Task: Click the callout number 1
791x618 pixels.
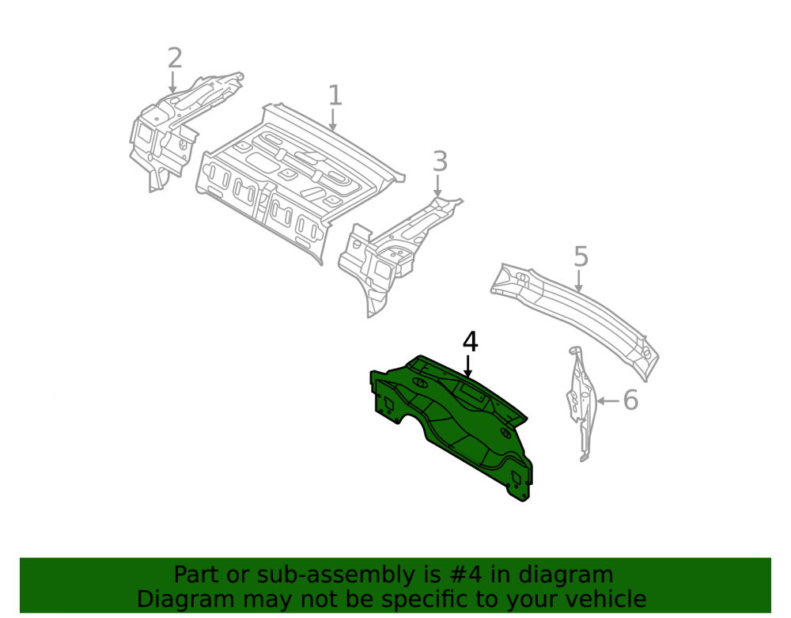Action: [335, 95]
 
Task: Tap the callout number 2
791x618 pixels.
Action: [174, 58]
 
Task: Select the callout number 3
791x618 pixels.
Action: [440, 161]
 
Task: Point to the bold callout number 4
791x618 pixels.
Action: [470, 342]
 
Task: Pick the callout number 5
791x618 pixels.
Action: [581, 257]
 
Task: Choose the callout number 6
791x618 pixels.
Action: [630, 400]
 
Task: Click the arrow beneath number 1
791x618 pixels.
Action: [332, 120]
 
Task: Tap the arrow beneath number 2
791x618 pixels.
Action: [172, 82]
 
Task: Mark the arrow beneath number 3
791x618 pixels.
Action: [438, 186]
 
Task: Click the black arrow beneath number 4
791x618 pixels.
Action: [468, 366]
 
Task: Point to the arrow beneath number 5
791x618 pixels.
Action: [579, 281]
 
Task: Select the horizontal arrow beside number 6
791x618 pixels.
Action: [607, 401]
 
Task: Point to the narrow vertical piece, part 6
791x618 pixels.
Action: [581, 404]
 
